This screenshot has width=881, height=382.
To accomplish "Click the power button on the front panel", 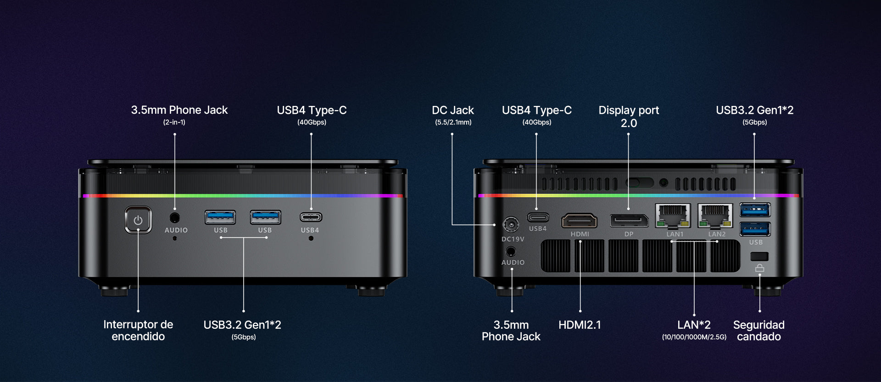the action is (138, 220).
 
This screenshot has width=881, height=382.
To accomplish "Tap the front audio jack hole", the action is (175, 217).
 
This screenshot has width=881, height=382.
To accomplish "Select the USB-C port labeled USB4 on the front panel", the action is (311, 217).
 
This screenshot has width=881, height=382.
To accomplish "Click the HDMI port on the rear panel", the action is (580, 221).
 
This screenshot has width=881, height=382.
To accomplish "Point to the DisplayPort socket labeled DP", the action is (629, 221).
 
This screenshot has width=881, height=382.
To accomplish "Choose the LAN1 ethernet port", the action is (673, 216).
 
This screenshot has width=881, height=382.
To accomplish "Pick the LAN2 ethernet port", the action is (715, 216).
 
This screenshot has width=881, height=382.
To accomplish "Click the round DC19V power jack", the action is (511, 225).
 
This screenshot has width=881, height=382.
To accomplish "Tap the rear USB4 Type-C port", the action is (538, 217).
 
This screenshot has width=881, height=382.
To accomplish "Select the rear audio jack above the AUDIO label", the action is (511, 251).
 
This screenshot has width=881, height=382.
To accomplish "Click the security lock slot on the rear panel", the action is (759, 256).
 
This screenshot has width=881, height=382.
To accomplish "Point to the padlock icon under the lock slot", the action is (760, 268).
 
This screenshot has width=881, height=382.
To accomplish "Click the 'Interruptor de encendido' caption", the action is (138, 330).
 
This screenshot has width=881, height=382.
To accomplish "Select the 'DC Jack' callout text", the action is (453, 110).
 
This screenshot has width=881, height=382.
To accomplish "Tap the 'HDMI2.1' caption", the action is (580, 325).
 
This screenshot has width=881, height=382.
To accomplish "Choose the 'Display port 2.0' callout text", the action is (629, 116).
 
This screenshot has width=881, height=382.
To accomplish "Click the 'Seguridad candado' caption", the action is (759, 331).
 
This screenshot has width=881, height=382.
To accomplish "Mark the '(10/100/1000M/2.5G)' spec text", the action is (694, 337).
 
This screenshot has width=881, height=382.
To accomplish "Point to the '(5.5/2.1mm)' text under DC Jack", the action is (453, 122).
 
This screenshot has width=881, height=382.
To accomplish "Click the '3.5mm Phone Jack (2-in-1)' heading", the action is (179, 115).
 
